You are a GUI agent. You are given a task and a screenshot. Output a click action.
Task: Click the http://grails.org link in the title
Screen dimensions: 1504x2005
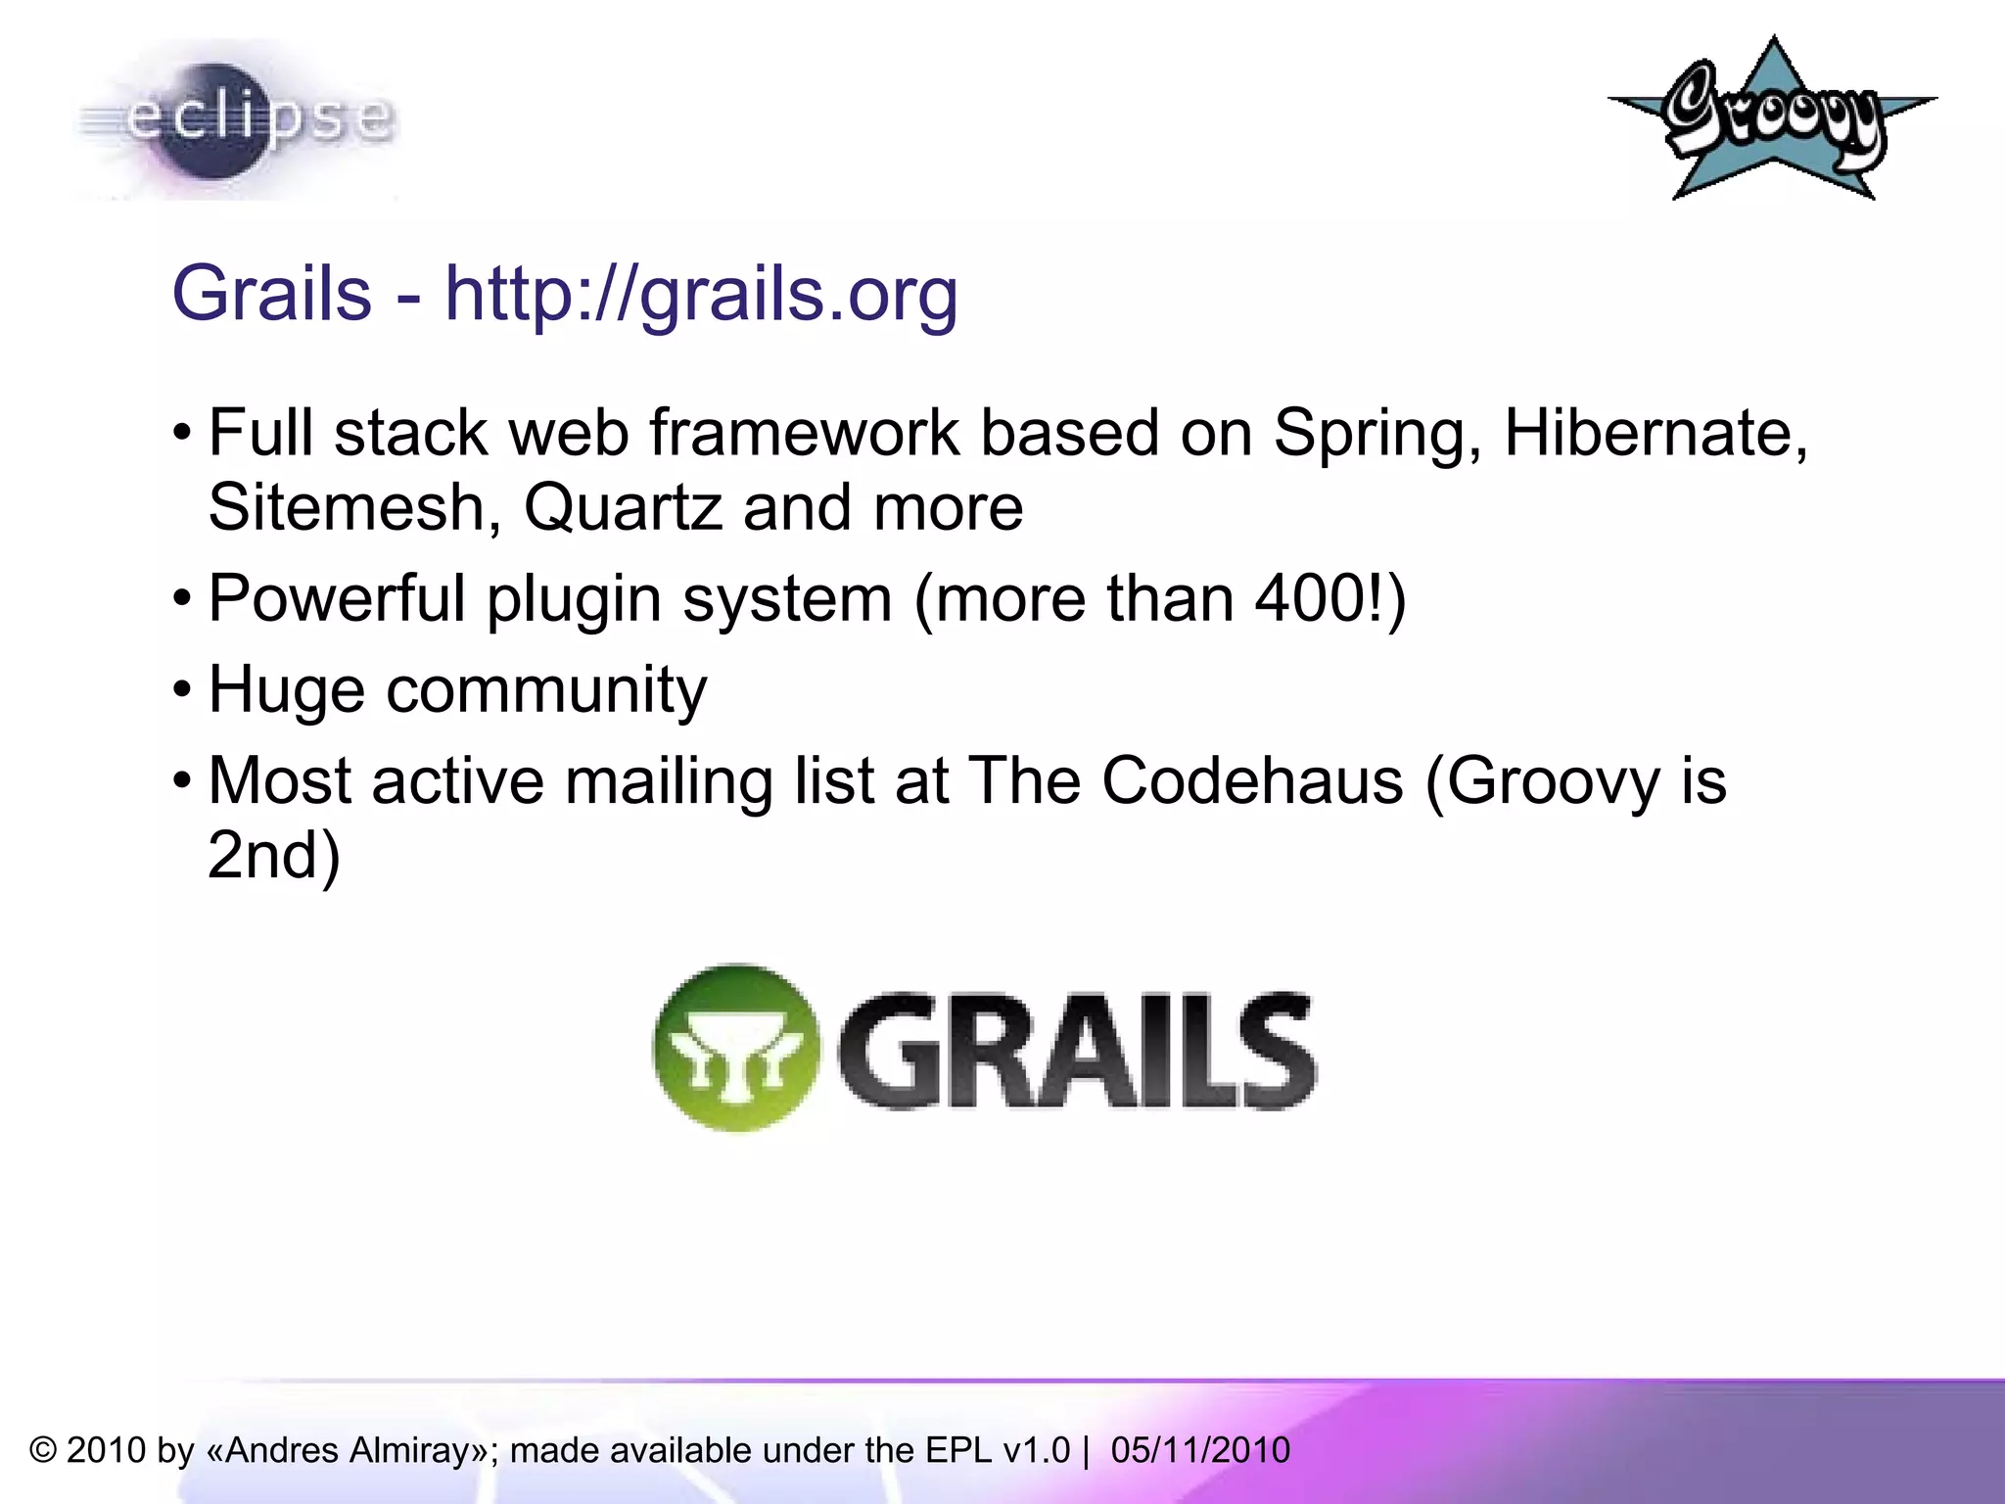pos(701,293)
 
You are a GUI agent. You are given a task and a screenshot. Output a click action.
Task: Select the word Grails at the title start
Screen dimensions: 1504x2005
pos(271,293)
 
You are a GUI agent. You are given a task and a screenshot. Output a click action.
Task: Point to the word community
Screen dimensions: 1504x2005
pos(546,690)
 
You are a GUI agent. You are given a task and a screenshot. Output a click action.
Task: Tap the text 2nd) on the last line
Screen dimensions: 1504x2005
pos(273,855)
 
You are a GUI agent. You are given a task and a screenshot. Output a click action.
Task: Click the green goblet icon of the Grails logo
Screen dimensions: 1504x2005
pos(736,1048)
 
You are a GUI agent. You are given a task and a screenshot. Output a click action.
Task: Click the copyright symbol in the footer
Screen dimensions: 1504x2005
pos(42,1450)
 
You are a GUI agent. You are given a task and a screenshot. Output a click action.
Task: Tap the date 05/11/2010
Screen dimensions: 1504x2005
pos(1200,1450)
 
